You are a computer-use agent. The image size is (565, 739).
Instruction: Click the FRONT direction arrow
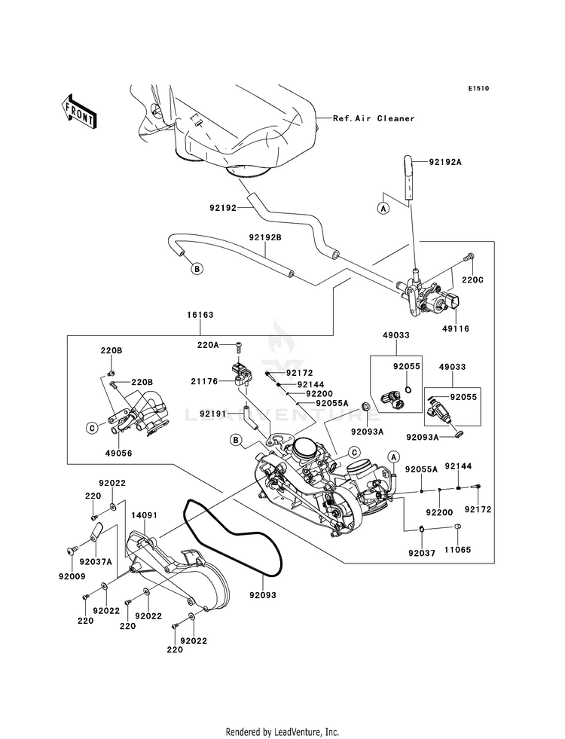(x=79, y=112)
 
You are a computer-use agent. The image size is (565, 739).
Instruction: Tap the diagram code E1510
(x=478, y=88)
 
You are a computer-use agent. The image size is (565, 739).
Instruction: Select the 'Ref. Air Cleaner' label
(x=374, y=118)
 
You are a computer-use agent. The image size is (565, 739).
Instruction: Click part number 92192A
(x=444, y=162)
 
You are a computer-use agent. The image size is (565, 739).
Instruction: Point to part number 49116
(x=456, y=328)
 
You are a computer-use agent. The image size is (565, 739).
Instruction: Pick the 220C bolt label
(x=472, y=280)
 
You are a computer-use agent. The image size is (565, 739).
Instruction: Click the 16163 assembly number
(x=200, y=314)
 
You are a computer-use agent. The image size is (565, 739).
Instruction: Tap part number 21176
(x=204, y=381)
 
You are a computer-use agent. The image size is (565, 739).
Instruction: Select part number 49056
(x=118, y=453)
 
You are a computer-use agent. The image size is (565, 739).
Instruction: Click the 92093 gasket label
(x=263, y=595)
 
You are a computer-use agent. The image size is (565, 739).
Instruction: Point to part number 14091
(x=144, y=515)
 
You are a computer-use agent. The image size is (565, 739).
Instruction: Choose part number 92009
(x=72, y=576)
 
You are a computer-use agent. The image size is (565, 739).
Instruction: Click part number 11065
(x=457, y=549)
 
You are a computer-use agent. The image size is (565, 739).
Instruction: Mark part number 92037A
(x=96, y=561)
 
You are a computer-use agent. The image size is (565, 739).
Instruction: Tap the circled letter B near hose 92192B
(x=197, y=269)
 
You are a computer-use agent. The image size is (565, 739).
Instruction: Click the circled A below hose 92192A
(x=384, y=208)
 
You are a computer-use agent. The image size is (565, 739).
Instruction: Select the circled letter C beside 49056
(x=92, y=427)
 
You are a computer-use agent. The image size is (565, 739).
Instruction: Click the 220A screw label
(x=208, y=346)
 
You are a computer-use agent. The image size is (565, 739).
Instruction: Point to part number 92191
(x=213, y=414)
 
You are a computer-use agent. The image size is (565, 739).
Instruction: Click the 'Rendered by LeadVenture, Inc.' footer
(x=282, y=732)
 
